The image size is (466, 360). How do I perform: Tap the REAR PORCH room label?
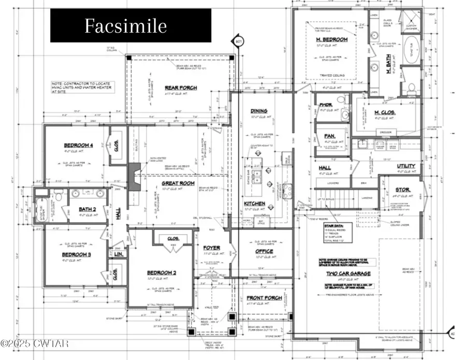click(180, 88)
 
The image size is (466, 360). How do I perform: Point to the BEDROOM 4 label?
click(79, 146)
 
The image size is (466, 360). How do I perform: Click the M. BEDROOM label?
click(331, 40)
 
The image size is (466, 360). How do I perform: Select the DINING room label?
click(259, 111)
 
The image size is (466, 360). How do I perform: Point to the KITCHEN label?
click(255, 204)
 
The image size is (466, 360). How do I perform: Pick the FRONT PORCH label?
click(265, 298)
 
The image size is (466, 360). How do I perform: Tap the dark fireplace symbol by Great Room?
click(134, 171)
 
